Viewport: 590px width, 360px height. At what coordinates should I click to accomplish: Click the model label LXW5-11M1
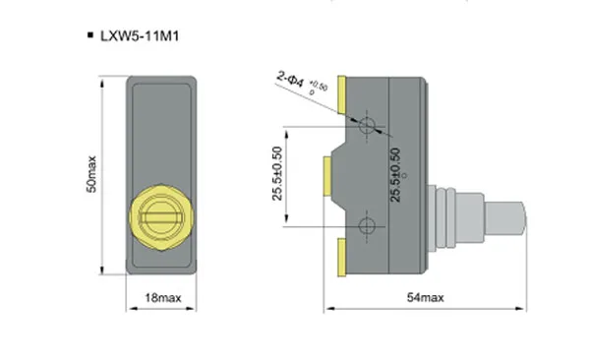coord(140,36)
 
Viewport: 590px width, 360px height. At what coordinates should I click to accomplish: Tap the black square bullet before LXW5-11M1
coord(90,35)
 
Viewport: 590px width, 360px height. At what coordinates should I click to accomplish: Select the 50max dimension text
coord(91,174)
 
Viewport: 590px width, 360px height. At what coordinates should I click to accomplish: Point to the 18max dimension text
coord(163,298)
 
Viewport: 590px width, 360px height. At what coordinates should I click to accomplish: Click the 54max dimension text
coord(426,297)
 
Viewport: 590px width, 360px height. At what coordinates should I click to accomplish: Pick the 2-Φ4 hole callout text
coord(290,79)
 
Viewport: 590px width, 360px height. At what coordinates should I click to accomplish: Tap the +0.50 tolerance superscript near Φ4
coord(319,86)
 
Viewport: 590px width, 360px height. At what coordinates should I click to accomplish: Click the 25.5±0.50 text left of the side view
coord(277,173)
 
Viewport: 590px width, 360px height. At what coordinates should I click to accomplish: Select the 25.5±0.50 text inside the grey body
coord(395,175)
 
